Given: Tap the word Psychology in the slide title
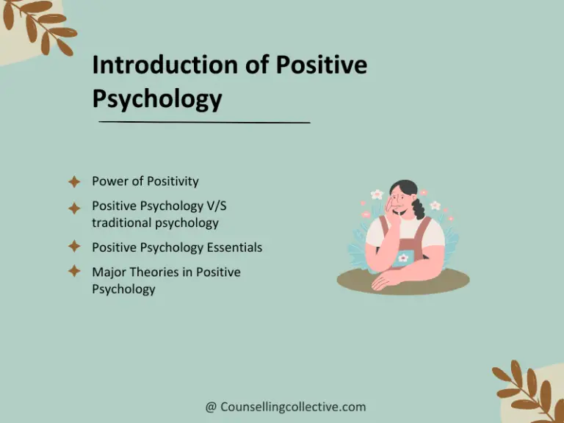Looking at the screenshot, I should (x=156, y=98).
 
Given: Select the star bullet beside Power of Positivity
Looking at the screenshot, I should (x=74, y=181).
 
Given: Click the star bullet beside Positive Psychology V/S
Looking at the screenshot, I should (x=74, y=208).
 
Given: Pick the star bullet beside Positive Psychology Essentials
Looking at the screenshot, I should (x=74, y=247).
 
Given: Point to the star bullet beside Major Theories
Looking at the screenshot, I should (x=74, y=272).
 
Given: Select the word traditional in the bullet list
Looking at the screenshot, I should (x=121, y=223).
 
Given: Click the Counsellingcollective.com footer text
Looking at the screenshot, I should (x=293, y=407).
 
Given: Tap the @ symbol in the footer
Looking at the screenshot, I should (x=211, y=407).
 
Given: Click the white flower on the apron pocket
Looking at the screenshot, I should (x=402, y=258).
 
